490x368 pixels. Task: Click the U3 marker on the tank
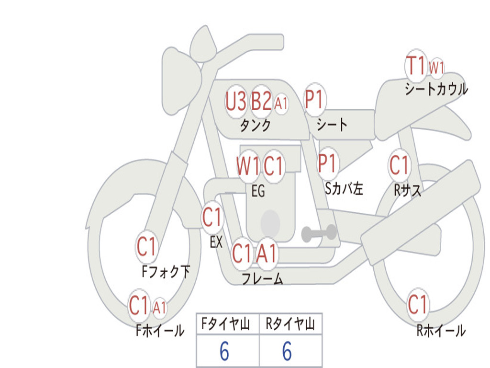[236, 101]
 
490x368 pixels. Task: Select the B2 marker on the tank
[261, 101]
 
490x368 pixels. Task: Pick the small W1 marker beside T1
[436, 68]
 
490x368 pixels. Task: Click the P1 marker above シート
[314, 100]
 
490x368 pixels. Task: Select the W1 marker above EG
[248, 167]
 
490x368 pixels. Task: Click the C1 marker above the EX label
[212, 218]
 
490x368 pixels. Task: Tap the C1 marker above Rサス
[399, 165]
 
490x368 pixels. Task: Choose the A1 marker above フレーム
[267, 253]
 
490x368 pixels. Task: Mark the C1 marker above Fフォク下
[146, 247]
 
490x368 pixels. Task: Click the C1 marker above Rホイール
[417, 304]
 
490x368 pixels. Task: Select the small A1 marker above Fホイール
[159, 307]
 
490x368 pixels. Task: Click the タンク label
[255, 126]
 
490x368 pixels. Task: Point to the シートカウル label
[436, 90]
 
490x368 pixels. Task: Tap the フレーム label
[262, 278]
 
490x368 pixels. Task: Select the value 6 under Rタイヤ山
[287, 352]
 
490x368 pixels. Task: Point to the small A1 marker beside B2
[281, 103]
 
